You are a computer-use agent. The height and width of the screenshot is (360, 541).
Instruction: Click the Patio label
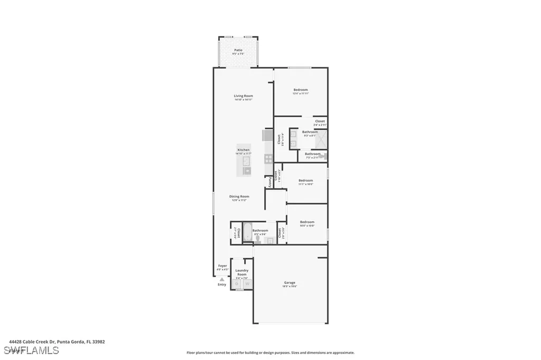click(238, 50)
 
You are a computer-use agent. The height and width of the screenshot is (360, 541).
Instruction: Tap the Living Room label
click(244, 96)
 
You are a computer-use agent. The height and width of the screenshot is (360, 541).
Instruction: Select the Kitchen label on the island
click(244, 150)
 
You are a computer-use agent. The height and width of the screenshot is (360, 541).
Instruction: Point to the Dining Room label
click(240, 196)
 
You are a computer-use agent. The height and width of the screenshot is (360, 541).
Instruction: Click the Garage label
click(290, 282)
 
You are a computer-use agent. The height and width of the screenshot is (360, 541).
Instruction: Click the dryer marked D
click(237, 284)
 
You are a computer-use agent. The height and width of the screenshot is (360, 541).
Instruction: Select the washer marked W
click(246, 284)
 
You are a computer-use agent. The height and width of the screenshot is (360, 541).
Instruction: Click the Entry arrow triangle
click(222, 279)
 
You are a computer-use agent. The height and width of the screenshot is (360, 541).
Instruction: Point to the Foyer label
click(222, 266)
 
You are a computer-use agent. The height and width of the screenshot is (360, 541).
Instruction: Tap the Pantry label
click(269, 181)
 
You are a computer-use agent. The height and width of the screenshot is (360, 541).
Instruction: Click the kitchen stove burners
click(268, 157)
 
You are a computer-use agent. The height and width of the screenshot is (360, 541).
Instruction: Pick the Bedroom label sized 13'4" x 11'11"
click(301, 90)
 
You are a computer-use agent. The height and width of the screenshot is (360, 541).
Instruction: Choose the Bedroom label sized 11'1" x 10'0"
click(306, 181)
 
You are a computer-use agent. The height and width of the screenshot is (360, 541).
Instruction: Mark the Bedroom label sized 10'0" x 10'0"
click(307, 222)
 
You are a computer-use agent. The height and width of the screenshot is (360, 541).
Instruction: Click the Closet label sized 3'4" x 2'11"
click(320, 121)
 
